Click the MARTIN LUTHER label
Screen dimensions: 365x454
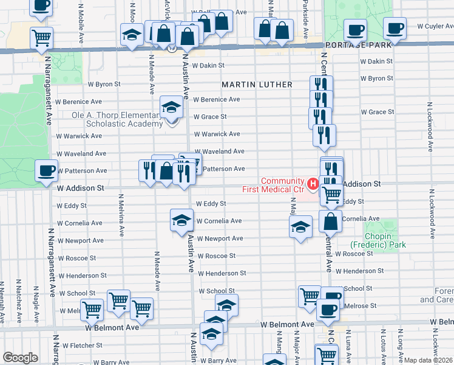pyautogui.click(x=257, y=84)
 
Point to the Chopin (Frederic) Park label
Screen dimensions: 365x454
pyautogui.click(x=384, y=239)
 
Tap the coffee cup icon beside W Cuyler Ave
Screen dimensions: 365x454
pyautogui.click(x=395, y=29)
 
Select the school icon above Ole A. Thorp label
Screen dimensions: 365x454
pyautogui.click(x=172, y=108)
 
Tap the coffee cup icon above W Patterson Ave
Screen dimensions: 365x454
pyautogui.click(x=46, y=171)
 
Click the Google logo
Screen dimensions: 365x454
pyautogui.click(x=20, y=358)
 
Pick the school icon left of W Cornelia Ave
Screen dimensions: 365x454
pyautogui.click(x=181, y=221)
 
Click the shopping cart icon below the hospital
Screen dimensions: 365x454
pyautogui.click(x=331, y=194)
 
